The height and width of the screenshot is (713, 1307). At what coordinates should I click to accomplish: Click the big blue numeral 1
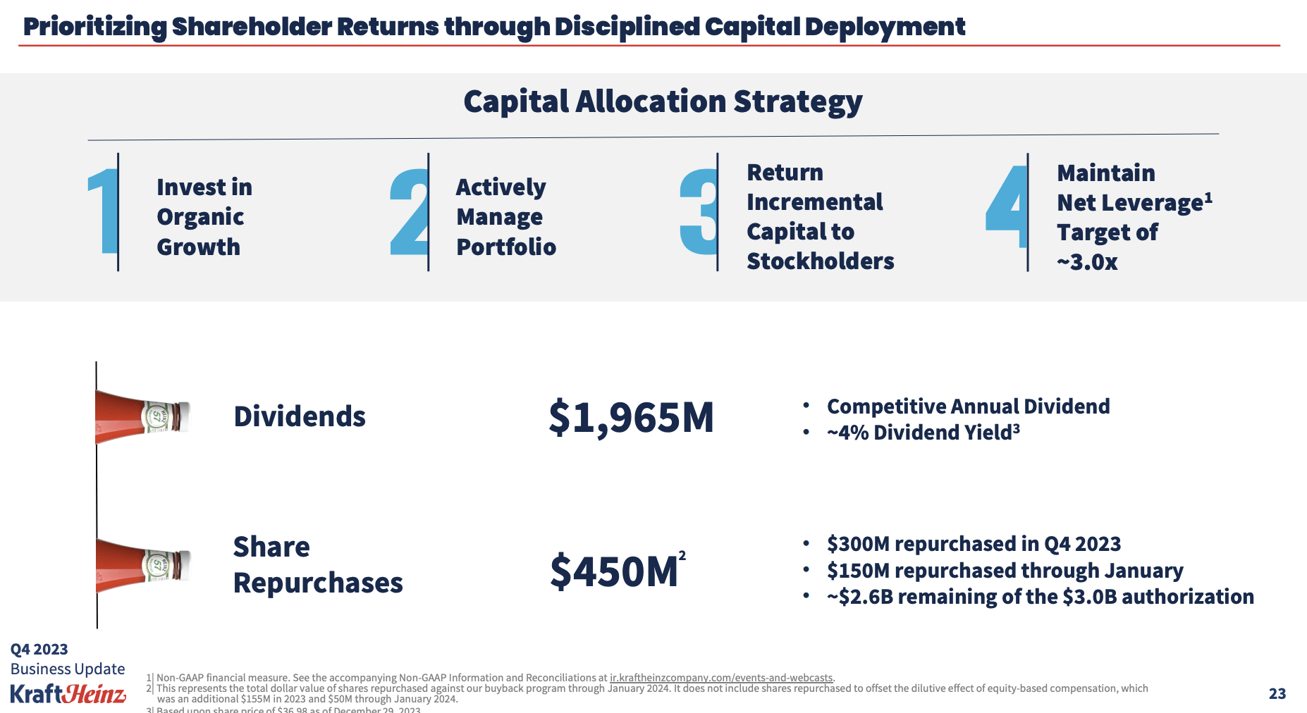tap(104, 211)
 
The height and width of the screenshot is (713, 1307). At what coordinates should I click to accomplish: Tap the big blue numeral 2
tap(410, 212)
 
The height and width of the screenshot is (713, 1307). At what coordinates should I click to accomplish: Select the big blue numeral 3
tap(698, 211)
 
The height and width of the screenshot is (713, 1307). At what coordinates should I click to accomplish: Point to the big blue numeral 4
tap(1007, 208)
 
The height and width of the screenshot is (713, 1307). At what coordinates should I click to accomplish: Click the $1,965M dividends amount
tap(631, 417)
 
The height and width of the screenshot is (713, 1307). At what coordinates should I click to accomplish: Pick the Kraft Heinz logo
tap(68, 694)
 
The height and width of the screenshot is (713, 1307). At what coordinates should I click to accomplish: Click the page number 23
tap(1277, 694)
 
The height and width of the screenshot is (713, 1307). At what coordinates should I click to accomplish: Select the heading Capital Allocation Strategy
tap(663, 101)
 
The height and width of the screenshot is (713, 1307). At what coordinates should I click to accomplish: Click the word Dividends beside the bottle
tap(300, 416)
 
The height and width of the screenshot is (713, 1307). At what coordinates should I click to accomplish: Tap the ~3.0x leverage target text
tap(1087, 262)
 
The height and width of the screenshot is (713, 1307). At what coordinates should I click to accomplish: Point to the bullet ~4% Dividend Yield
tap(922, 432)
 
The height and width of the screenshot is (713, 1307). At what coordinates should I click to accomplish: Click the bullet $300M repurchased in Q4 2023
tap(973, 544)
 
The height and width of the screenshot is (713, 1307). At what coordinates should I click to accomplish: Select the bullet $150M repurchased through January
tap(1005, 570)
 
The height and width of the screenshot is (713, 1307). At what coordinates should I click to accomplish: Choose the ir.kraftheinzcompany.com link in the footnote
tap(720, 678)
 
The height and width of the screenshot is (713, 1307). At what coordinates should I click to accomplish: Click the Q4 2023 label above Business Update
tap(39, 650)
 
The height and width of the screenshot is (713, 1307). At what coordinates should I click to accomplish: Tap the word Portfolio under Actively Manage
tap(506, 247)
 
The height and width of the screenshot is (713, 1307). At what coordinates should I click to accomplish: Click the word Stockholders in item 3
tap(820, 261)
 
